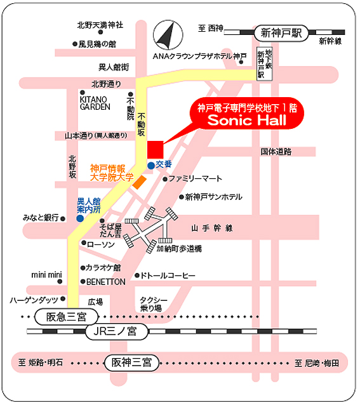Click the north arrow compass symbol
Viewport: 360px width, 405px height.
pyautogui.click(x=168, y=35)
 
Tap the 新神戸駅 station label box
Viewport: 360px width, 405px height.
pyautogui.click(x=281, y=33)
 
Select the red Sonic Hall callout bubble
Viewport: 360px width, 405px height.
pyautogui.click(x=246, y=114)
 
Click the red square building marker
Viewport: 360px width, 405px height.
pyautogui.click(x=156, y=150)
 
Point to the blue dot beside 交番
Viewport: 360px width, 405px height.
pyautogui.click(x=151, y=166)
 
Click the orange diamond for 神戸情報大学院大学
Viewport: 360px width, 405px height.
pyautogui.click(x=140, y=182)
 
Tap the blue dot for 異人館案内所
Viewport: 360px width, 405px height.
pyautogui.click(x=80, y=218)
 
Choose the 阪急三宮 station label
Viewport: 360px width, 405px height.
pyautogui.click(x=67, y=317)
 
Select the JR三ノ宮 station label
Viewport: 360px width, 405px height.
pyautogui.click(x=117, y=331)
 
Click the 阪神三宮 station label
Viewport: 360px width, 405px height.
pyautogui.click(x=131, y=362)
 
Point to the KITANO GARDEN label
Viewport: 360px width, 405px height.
pyautogui.click(x=95, y=103)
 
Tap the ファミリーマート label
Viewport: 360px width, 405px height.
pyautogui.click(x=195, y=179)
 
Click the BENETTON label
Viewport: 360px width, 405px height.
pyautogui.click(x=106, y=282)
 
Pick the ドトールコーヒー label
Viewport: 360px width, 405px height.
pyautogui.click(x=168, y=276)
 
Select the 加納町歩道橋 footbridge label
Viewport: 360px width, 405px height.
pyautogui.click(x=179, y=249)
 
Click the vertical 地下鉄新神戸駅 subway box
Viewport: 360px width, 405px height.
pyautogui.click(x=265, y=64)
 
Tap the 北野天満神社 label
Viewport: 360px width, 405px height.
pyautogui.click(x=100, y=25)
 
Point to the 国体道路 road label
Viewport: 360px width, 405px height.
pyautogui.click(x=276, y=152)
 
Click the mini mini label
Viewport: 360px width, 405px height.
pyautogui.click(x=46, y=275)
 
